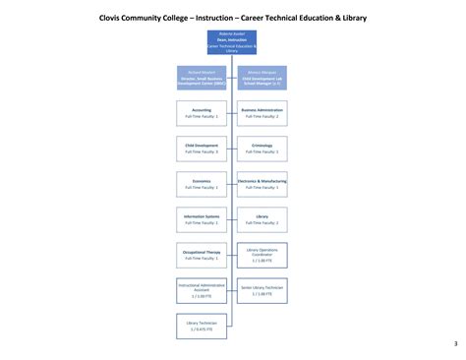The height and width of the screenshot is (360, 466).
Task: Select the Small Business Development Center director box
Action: (202, 78)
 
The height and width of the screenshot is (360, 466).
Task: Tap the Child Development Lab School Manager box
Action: (262, 78)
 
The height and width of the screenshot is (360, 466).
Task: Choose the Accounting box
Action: (202, 113)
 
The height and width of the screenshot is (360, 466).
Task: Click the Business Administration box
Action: (262, 113)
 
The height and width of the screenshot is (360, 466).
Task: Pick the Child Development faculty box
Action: (202, 149)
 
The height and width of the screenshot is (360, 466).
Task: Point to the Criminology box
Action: (262, 149)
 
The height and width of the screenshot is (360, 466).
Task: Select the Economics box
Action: (202, 184)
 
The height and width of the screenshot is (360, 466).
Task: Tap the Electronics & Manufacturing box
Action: (262, 184)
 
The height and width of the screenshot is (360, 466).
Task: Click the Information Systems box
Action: (202, 219)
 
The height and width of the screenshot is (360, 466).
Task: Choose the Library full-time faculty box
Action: (262, 219)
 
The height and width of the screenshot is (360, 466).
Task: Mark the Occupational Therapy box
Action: (202, 255)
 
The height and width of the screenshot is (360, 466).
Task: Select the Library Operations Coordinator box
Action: (262, 255)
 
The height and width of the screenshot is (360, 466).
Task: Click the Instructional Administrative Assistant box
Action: (202, 290)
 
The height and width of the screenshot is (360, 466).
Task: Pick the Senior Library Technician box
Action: (262, 290)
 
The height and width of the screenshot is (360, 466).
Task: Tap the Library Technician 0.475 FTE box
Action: (202, 326)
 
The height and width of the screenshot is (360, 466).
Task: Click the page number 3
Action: (455, 343)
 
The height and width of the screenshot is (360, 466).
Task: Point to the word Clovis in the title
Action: (116, 17)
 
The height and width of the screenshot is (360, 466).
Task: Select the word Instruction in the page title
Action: (221, 17)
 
